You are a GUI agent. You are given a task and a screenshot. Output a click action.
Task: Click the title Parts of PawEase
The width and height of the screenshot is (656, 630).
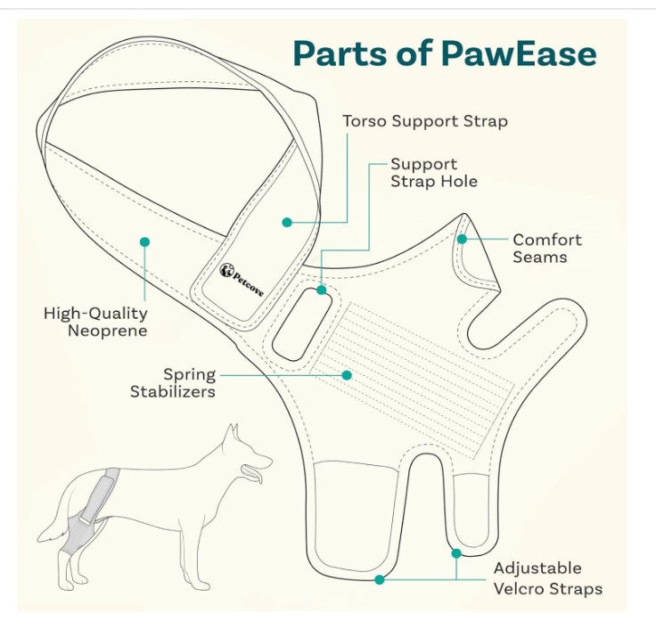(x=444, y=53)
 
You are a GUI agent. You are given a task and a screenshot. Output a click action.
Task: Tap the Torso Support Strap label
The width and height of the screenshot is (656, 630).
(x=425, y=120)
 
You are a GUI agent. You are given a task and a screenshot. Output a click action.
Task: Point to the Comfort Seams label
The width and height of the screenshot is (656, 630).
(x=546, y=248)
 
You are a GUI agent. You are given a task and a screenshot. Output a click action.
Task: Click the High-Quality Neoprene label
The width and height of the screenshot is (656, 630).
(x=95, y=322)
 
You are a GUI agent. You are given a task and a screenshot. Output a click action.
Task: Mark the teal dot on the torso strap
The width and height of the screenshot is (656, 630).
(x=287, y=222)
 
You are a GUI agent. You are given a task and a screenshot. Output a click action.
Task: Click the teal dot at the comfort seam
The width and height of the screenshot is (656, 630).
(x=462, y=239)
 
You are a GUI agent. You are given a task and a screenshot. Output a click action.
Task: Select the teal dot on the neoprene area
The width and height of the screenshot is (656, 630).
(x=144, y=241)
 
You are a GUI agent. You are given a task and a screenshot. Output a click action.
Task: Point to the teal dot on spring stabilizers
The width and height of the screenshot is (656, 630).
(x=348, y=375)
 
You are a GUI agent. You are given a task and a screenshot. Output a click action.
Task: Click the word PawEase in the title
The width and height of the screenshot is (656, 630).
(x=519, y=53)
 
